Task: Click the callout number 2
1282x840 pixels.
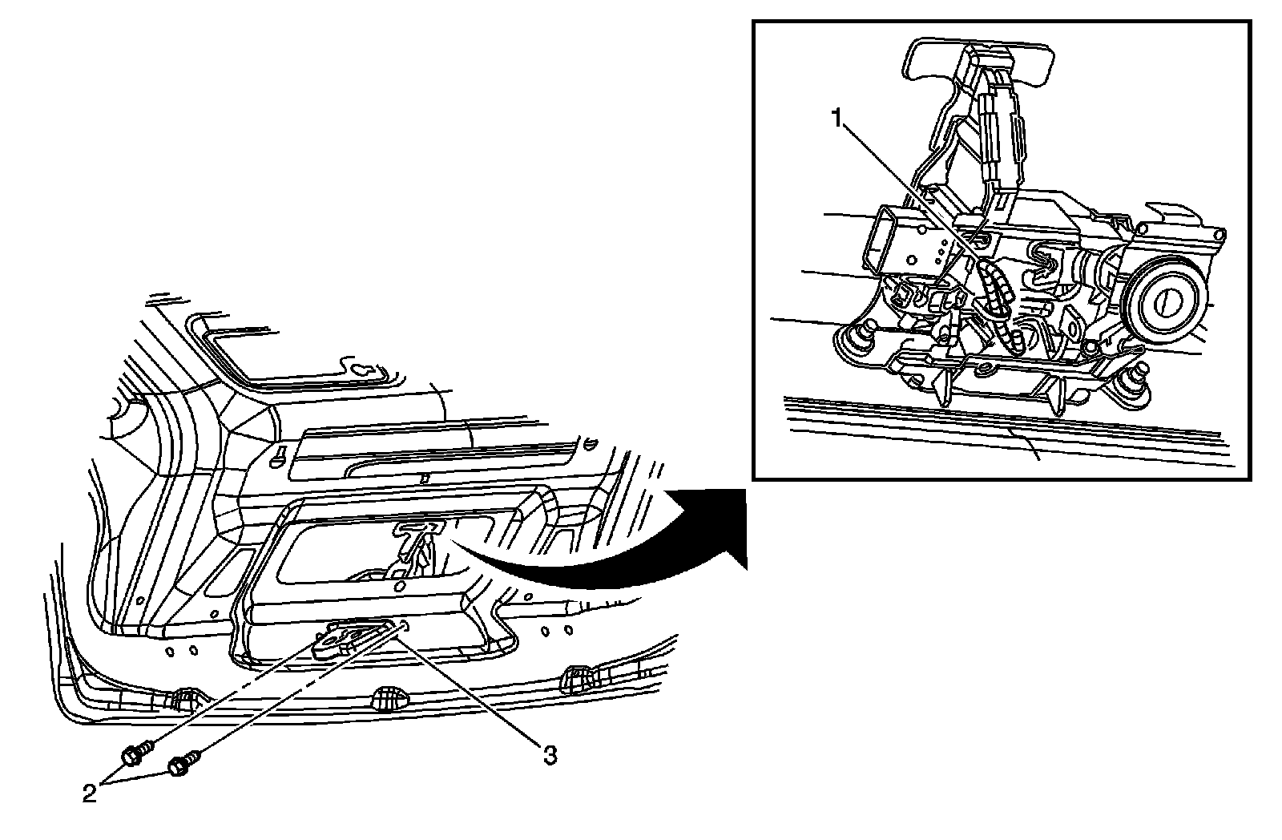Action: [90, 793]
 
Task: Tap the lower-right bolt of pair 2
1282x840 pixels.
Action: [178, 768]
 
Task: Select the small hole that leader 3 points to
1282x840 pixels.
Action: [404, 626]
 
